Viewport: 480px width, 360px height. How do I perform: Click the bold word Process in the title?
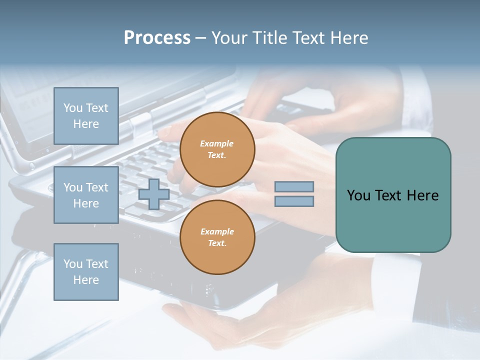click(x=157, y=38)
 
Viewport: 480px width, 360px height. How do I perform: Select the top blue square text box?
click(x=86, y=116)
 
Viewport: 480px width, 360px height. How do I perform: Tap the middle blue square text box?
click(x=86, y=195)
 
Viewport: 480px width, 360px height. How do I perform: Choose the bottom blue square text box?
click(x=86, y=271)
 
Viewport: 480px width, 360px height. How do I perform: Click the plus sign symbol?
click(x=153, y=194)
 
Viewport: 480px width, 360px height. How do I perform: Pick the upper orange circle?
click(x=217, y=149)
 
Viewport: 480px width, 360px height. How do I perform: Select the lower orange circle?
click(x=217, y=237)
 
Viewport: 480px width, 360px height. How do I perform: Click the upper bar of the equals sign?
click(x=294, y=187)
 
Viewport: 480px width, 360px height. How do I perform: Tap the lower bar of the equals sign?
click(x=294, y=201)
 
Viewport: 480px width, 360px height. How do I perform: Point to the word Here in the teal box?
click(x=422, y=195)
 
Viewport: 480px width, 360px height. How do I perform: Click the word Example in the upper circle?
click(x=216, y=143)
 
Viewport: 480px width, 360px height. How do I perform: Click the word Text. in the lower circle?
click(x=217, y=243)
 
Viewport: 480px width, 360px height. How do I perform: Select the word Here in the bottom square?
click(x=86, y=280)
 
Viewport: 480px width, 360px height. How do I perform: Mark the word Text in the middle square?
click(x=96, y=187)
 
